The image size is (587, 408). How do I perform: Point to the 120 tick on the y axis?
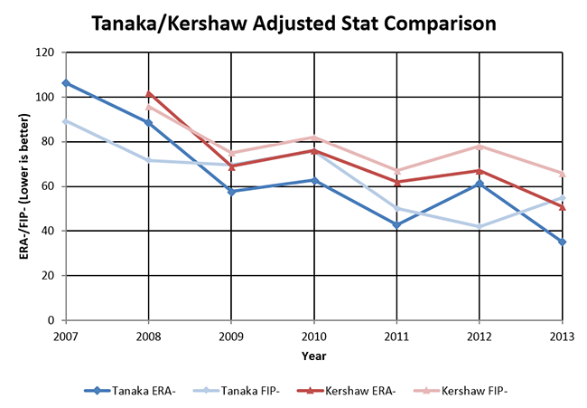click(x=45, y=52)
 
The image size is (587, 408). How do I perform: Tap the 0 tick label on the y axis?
click(x=51, y=320)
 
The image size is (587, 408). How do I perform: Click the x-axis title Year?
click(x=314, y=356)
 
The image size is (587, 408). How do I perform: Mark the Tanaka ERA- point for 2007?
click(x=64, y=83)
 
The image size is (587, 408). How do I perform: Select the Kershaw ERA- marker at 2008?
click(x=148, y=93)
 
